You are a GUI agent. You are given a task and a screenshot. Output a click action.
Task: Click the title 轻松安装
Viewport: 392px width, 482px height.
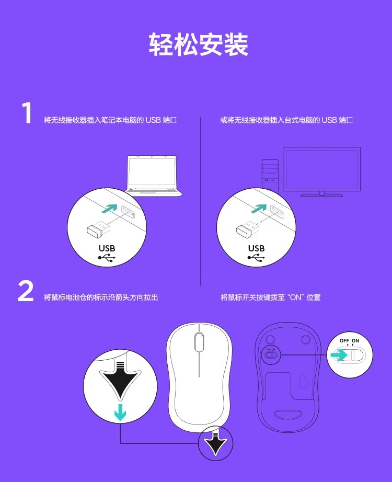[198, 44]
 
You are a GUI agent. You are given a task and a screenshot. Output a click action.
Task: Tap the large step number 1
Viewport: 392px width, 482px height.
[27, 113]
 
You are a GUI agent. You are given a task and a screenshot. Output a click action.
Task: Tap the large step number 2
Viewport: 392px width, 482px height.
[26, 291]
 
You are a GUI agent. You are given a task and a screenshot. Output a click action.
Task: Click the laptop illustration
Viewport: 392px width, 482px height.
[154, 176]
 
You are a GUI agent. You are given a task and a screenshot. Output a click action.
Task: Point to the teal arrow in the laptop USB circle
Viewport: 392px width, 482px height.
[109, 208]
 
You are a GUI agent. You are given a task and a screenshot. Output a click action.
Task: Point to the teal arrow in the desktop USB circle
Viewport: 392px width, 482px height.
[259, 208]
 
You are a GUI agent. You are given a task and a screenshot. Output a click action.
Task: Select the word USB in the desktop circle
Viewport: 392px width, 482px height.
[257, 248]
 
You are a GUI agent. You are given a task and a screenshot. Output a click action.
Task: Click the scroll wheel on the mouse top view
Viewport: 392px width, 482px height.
[199, 342]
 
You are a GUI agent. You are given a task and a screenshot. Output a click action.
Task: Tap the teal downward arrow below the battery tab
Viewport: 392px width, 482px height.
[120, 412]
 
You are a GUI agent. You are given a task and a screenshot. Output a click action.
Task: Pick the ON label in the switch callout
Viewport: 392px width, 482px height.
[355, 341]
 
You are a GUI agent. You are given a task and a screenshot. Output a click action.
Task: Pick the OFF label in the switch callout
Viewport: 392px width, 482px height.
[344, 341]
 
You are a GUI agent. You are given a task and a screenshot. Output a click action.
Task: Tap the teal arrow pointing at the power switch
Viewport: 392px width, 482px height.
[339, 355]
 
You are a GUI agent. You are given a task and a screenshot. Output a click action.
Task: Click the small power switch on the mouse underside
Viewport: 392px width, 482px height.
[271, 355]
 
